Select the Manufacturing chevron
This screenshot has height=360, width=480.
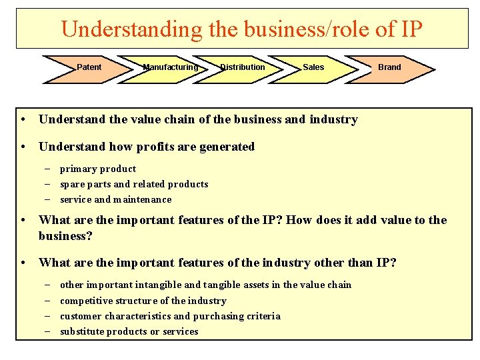click(x=171, y=67)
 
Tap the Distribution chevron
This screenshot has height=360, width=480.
click(x=243, y=67)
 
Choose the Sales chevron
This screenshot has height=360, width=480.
click(x=313, y=67)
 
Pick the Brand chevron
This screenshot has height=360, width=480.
click(x=389, y=67)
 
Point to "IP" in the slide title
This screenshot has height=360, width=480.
click(x=410, y=29)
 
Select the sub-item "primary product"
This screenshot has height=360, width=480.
click(x=98, y=169)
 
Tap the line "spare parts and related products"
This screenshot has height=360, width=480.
click(x=134, y=185)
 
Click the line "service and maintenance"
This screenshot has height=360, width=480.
click(x=116, y=200)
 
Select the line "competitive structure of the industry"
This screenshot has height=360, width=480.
click(x=143, y=301)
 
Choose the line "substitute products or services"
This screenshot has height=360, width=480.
click(x=129, y=332)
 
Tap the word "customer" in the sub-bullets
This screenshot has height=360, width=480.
click(x=80, y=317)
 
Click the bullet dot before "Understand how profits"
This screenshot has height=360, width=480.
click(x=23, y=147)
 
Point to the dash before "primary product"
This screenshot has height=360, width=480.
click(x=49, y=169)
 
